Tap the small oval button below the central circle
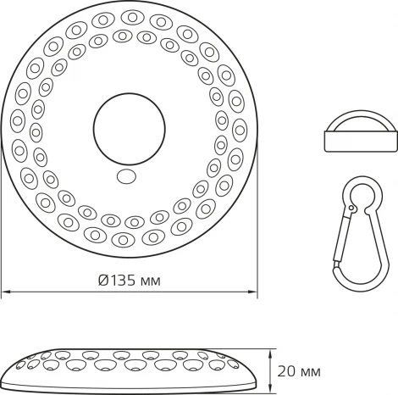[128, 177]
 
